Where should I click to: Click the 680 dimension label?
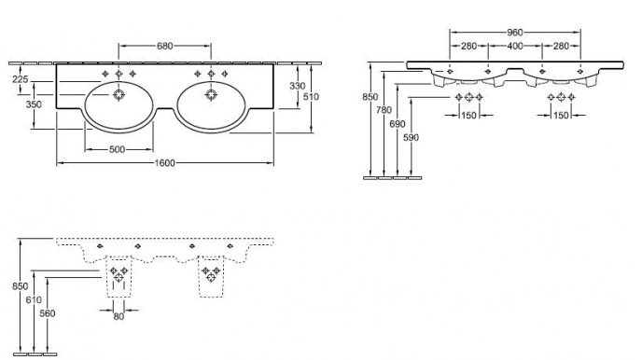pyautogui.click(x=165, y=46)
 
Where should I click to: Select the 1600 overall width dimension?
pyautogui.click(x=164, y=163)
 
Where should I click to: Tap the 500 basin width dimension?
pyautogui.click(x=117, y=149)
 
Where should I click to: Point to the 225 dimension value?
pyautogui.click(x=21, y=79)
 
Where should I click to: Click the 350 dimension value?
pyautogui.click(x=34, y=104)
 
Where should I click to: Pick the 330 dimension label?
pyautogui.click(x=298, y=86)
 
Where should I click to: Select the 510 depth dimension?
pyautogui.click(x=311, y=97)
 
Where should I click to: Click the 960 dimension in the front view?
pyautogui.click(x=515, y=32)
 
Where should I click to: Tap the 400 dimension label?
pyautogui.click(x=515, y=47)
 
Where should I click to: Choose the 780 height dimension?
pyautogui.click(x=384, y=110)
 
